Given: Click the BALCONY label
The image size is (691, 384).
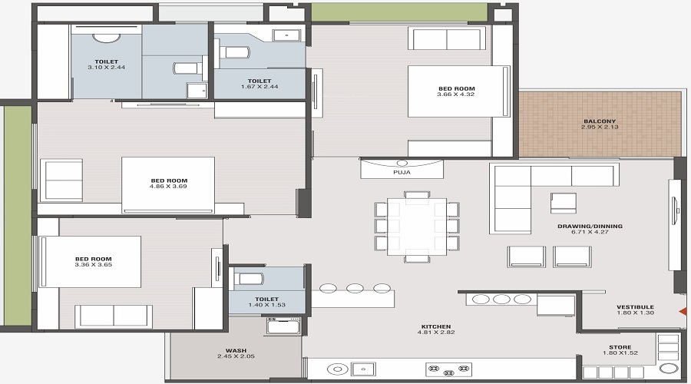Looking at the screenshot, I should (600, 121).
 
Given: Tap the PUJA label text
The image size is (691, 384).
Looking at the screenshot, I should (402, 173).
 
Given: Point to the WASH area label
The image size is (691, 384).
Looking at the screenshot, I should (236, 350).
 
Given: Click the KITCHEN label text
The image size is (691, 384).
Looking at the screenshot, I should (435, 326).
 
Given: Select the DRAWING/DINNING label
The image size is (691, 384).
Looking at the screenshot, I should (590, 226).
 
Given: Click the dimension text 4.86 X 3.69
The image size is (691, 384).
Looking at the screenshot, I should (168, 187).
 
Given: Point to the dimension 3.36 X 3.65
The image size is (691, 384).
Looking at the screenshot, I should (93, 266).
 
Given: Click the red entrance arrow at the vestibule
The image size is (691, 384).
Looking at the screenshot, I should (681, 311).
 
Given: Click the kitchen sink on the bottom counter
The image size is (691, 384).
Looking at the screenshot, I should (362, 369).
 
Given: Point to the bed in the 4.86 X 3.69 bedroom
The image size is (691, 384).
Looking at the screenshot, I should (168, 184).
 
